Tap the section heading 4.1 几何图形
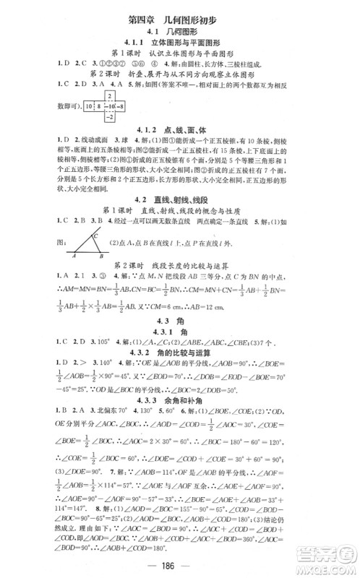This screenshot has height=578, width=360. (x=179, y=32)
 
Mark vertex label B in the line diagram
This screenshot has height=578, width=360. (x=100, y=256)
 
